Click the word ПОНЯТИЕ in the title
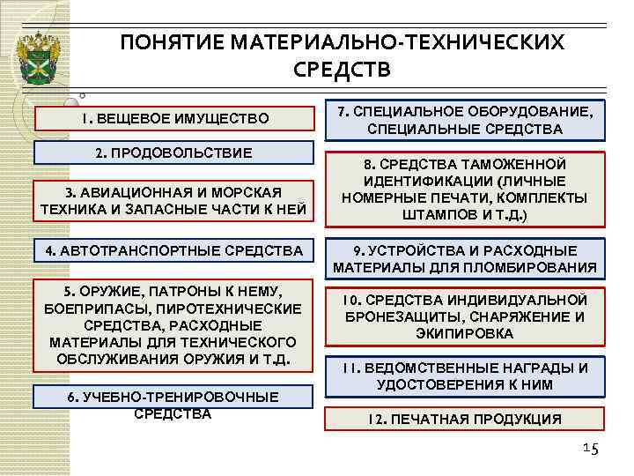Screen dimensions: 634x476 tap(163, 42)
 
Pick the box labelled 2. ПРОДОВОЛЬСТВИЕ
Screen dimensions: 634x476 tap(173, 152)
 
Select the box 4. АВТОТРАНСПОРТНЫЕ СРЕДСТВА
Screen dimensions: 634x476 tap(173, 251)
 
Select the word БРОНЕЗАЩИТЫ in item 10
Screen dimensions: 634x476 tap(409, 317)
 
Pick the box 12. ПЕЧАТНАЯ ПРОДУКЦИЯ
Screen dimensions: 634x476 tap(465, 419)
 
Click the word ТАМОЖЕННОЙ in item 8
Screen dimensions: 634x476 tap(516, 164)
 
